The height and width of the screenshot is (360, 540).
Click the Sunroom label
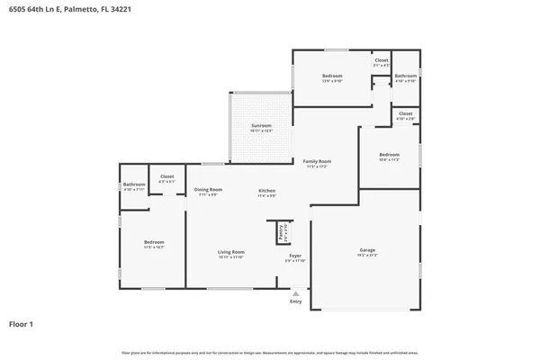click(x=261, y=127)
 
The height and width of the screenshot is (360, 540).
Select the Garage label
click(x=367, y=250)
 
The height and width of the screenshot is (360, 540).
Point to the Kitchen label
click(x=267, y=190)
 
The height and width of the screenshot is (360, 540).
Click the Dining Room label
click(x=209, y=190)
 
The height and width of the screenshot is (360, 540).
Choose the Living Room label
click(x=231, y=252)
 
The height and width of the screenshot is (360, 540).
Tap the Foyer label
click(x=295, y=256)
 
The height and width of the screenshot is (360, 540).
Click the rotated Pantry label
click(x=283, y=232)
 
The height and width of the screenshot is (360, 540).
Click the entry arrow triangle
click(x=296, y=292)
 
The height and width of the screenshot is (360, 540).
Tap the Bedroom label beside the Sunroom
click(x=332, y=76)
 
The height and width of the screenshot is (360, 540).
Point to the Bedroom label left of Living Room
click(x=154, y=241)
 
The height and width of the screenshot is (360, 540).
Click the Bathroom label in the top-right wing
click(x=405, y=76)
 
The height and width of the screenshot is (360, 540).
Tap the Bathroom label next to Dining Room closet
click(x=134, y=184)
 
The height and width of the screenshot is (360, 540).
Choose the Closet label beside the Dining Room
click(x=166, y=176)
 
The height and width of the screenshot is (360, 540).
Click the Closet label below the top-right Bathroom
click(x=406, y=113)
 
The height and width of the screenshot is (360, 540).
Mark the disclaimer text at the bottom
click(x=270, y=351)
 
